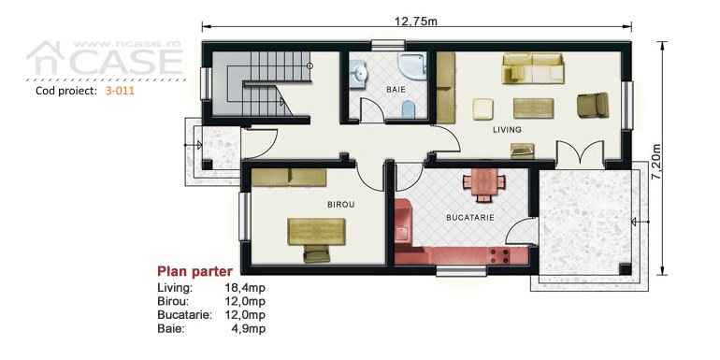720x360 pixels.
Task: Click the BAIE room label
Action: coord(396,90)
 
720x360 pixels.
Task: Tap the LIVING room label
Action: coord(507,130)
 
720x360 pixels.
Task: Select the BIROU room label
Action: coord(340,205)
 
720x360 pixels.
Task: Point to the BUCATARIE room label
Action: coord(470,218)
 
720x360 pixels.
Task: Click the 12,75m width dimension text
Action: coord(416,22)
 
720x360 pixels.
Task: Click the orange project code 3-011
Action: coord(120,91)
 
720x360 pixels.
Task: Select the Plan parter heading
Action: coord(194,271)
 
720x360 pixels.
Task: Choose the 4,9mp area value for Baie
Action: coord(248,329)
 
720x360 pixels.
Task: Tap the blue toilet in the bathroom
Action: coord(409,109)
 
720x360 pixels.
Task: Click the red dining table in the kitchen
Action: coord(484,184)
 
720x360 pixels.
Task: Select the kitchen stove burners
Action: coord(499,256)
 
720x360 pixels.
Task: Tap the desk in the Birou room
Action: coord(316,232)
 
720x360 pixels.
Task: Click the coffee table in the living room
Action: coord(533,108)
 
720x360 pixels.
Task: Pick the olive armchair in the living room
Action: coord(593,105)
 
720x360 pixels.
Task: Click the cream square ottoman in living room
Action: coord(483,108)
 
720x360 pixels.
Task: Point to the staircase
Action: coord(261,83)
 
